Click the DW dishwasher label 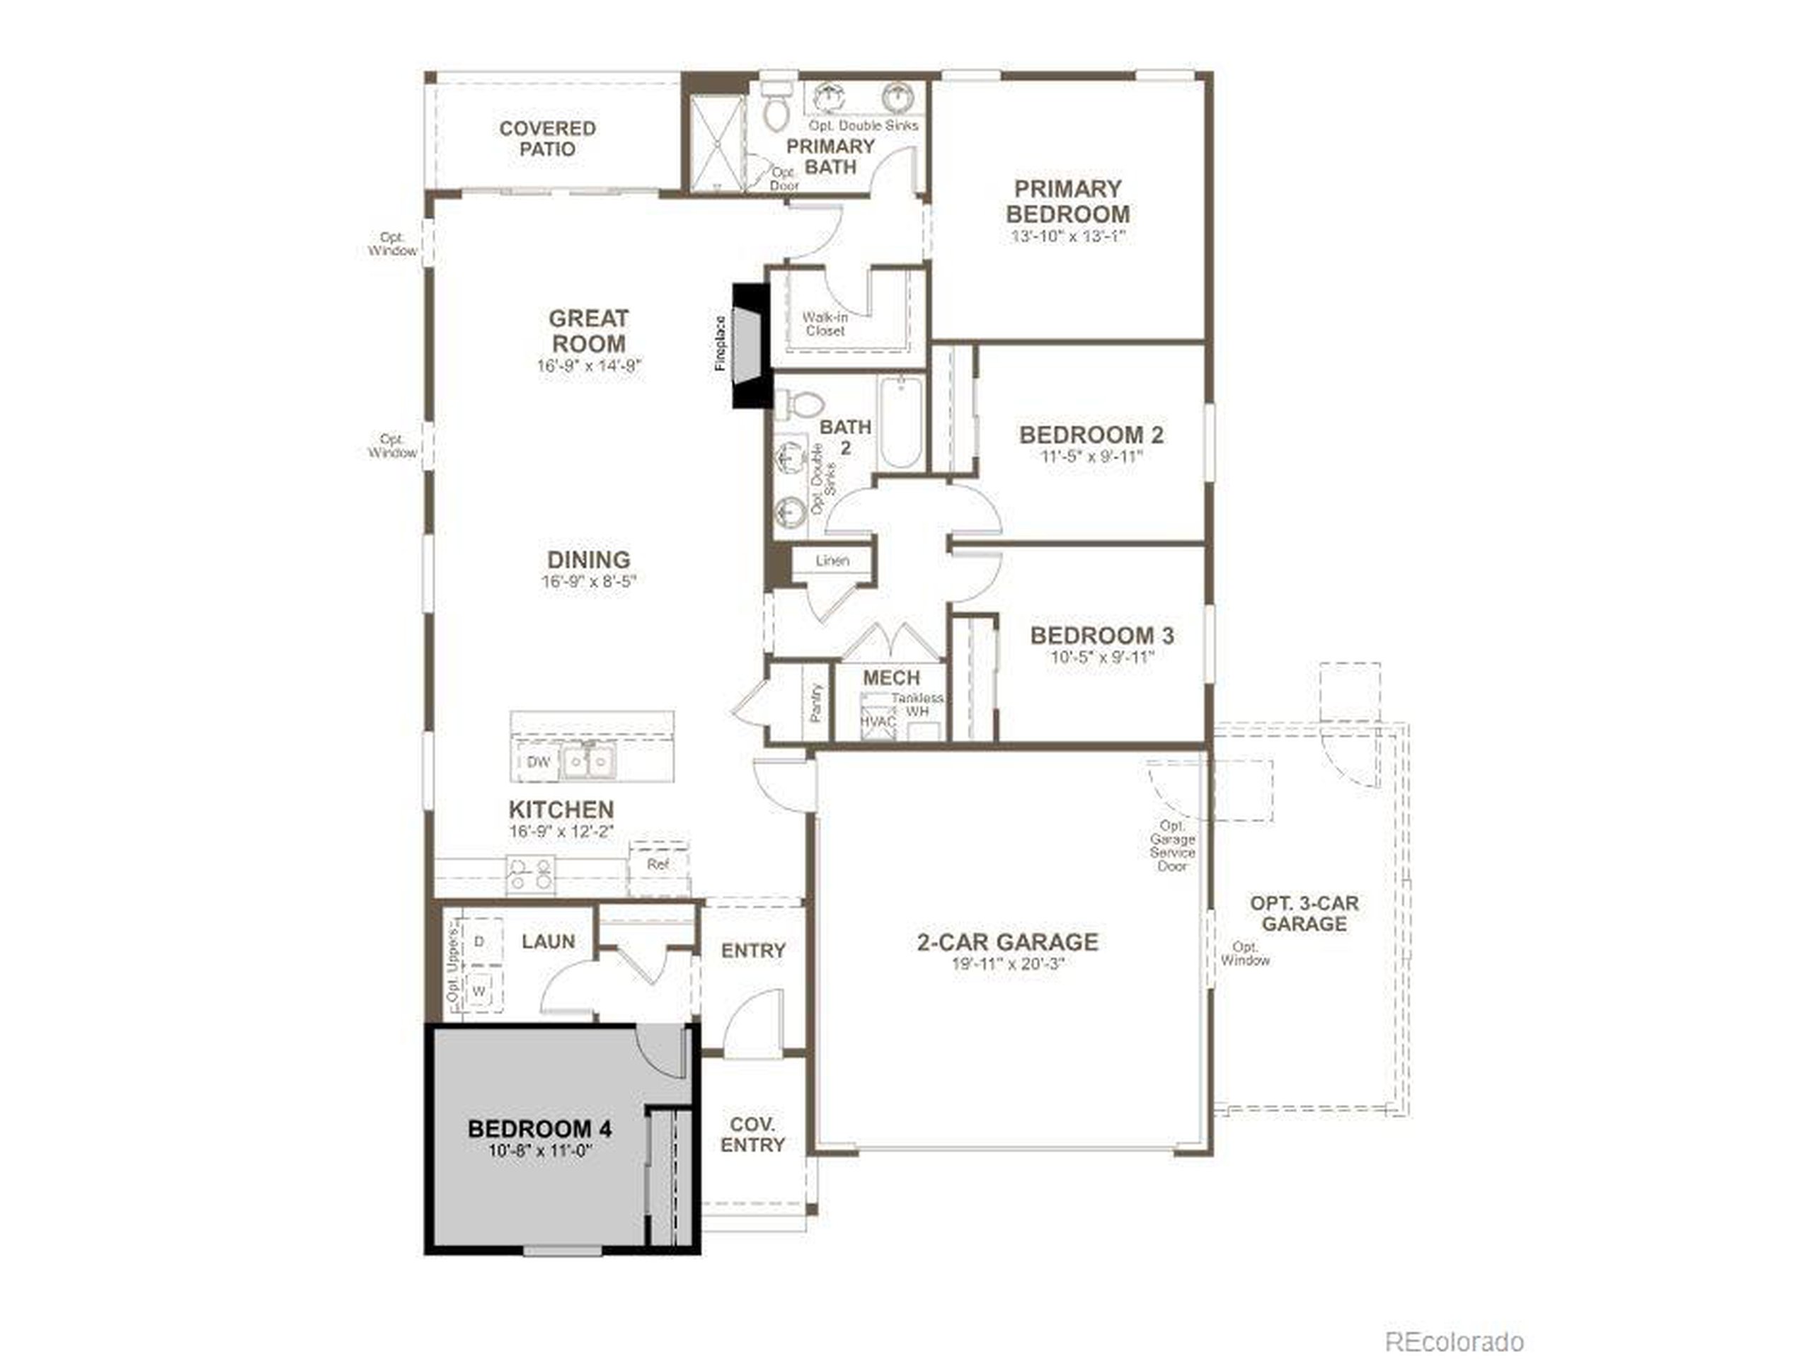click(538, 762)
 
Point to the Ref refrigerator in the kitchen click(658, 866)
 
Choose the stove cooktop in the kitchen click(531, 874)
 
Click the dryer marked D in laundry click(479, 942)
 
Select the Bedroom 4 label click(540, 1130)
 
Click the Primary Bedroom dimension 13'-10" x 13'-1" click(1067, 236)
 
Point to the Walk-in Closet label click(824, 324)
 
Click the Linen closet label click(832, 561)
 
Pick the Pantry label click(816, 703)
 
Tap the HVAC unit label click(876, 722)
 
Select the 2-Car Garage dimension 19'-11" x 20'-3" click(1008, 965)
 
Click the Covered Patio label click(547, 139)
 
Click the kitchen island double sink click(589, 762)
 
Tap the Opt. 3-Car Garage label click(1303, 913)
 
